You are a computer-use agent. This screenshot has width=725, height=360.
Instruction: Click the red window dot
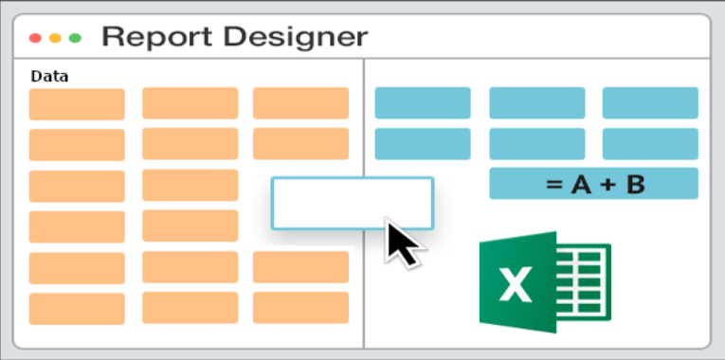pos(35,38)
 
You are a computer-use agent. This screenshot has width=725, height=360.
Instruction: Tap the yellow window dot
pos(55,38)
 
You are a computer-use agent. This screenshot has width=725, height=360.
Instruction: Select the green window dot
pos(75,38)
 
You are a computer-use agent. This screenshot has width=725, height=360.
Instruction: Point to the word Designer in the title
pos(296,37)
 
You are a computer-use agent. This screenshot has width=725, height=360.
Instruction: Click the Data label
pos(49,76)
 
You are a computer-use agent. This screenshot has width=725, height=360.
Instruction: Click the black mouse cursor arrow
pos(402,243)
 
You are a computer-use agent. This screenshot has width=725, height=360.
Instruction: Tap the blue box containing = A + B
pos(593,184)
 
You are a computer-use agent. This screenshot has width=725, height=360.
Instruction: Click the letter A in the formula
pos(581,185)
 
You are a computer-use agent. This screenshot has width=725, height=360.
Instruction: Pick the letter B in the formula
pos(635,185)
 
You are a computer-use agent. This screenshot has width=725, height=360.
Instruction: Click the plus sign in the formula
pos(608,185)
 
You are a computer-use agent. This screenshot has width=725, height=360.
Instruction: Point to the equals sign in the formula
pos(553,185)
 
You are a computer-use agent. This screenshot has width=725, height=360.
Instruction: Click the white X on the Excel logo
pos(516,285)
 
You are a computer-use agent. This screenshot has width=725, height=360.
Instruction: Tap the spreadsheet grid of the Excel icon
pos(584,282)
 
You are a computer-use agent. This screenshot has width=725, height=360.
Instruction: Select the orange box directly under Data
pos(77,104)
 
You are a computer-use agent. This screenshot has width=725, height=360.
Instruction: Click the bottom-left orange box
pos(77,309)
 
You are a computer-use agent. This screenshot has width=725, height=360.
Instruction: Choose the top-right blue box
pos(650,102)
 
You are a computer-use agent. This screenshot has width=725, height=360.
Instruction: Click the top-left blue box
pos(423,102)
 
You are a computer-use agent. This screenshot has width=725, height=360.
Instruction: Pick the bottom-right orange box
pos(300,307)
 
